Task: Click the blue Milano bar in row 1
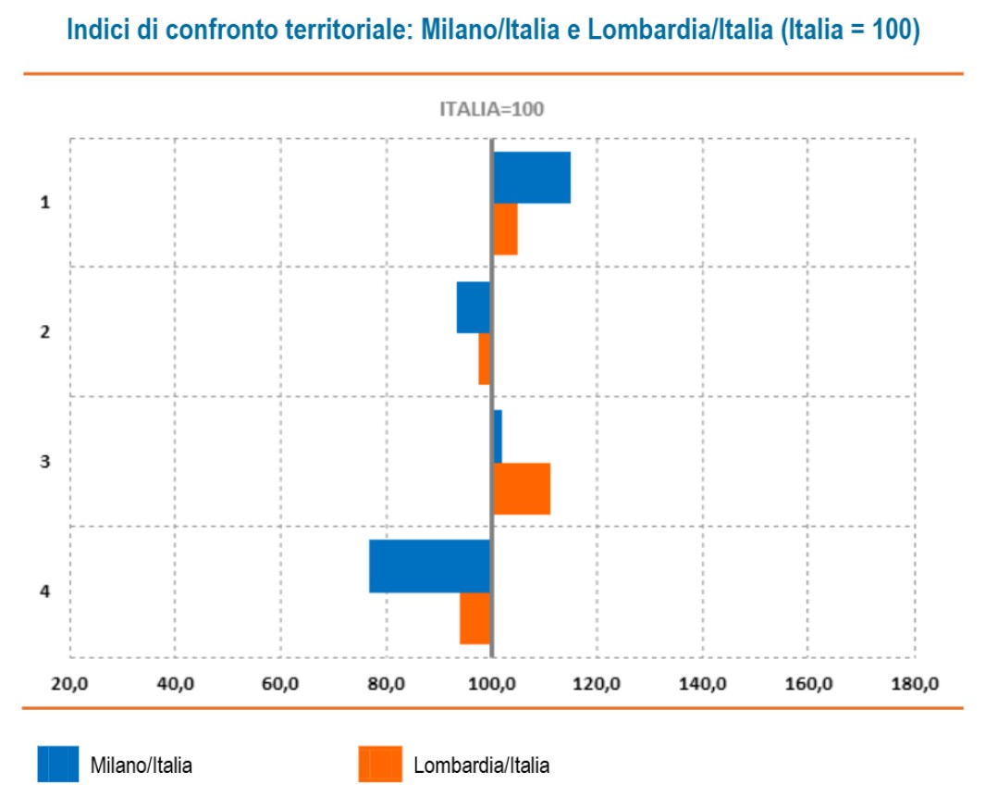pyautogui.click(x=532, y=178)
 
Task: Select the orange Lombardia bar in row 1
pyautogui.click(x=505, y=229)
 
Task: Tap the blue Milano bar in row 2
pyautogui.click(x=474, y=307)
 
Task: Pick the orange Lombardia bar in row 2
pyautogui.click(x=485, y=358)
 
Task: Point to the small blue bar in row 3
pyautogui.click(x=498, y=436)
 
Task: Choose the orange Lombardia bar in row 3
pyautogui.click(x=522, y=488)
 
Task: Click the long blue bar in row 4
pyautogui.click(x=430, y=566)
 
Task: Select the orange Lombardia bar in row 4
pyautogui.click(x=475, y=617)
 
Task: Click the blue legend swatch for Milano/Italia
pyautogui.click(x=58, y=764)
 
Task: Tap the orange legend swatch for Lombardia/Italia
pyautogui.click(x=380, y=764)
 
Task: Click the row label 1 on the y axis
pyautogui.click(x=45, y=203)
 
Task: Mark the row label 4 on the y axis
pyautogui.click(x=45, y=591)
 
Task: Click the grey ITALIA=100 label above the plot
pyautogui.click(x=491, y=109)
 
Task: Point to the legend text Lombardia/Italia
pyautogui.click(x=481, y=765)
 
